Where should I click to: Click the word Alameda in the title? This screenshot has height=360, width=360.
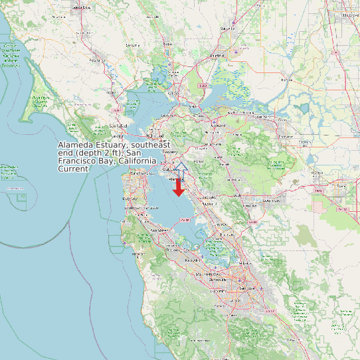75,145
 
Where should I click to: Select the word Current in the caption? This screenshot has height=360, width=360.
73,169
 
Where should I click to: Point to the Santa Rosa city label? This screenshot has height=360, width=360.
81,7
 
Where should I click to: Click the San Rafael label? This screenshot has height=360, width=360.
118,126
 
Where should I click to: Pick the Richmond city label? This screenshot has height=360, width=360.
157,135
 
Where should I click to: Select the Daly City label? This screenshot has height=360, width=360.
130,199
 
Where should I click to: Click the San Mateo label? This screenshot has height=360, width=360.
160,230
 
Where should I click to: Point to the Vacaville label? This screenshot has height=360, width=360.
228,29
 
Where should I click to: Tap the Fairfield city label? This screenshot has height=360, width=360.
218,56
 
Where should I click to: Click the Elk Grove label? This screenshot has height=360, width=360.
351,14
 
